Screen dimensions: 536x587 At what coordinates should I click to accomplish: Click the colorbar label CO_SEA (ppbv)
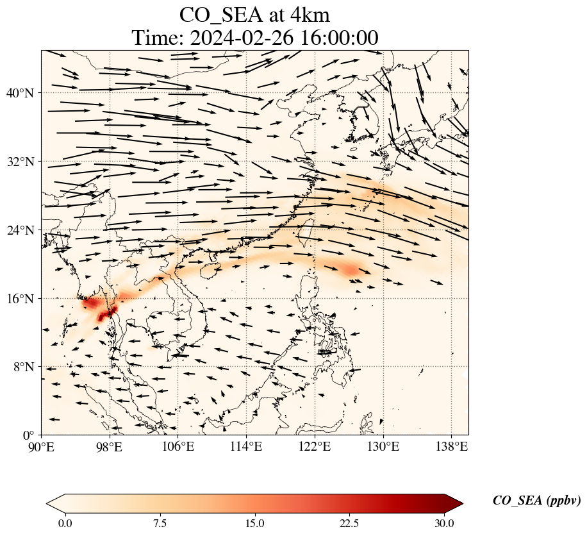(536, 501)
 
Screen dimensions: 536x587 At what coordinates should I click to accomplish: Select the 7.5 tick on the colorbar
(160, 523)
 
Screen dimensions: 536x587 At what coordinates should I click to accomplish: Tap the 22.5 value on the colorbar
(349, 523)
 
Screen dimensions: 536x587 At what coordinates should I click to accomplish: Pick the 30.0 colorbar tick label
(444, 523)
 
